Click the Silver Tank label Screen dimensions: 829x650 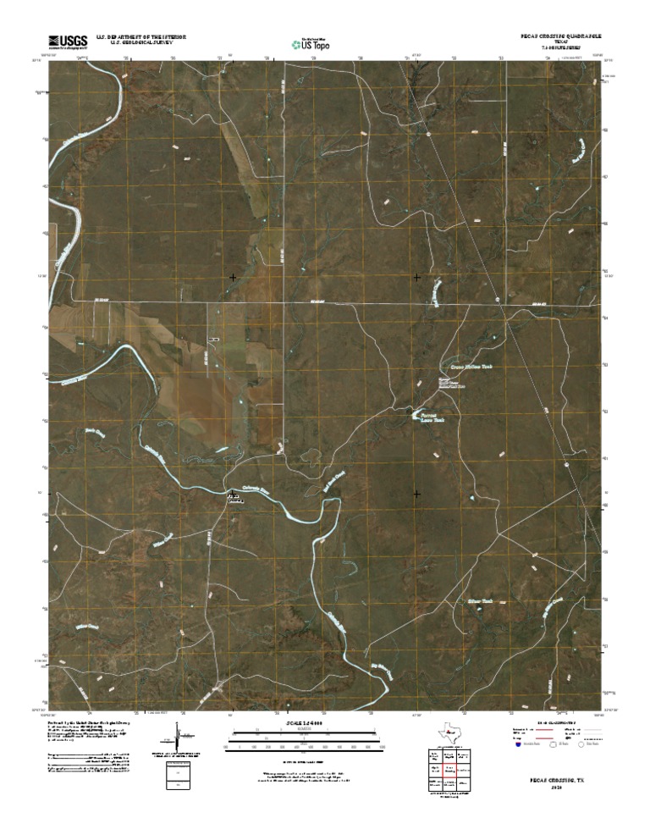(479, 600)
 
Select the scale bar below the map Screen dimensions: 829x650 (305, 737)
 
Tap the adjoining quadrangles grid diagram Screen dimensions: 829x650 (446, 772)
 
